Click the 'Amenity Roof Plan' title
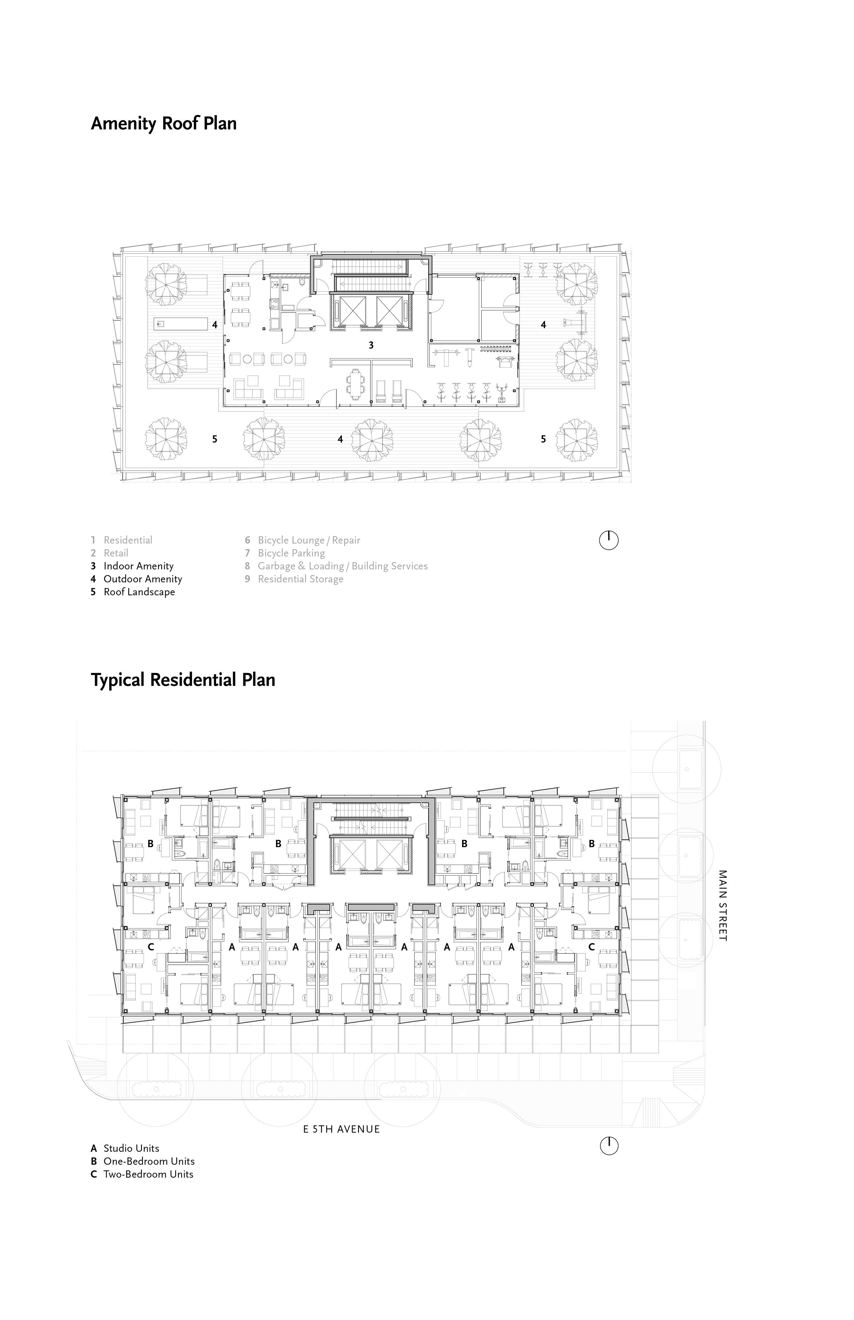(164, 123)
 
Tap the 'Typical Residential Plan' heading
(183, 680)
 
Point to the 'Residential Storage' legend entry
(294, 579)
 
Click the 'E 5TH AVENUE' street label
(342, 1129)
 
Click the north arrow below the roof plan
(609, 540)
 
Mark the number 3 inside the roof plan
(371, 345)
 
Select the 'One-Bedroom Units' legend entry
(143, 1162)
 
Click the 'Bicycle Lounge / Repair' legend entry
(303, 540)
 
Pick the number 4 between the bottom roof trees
(340, 439)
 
